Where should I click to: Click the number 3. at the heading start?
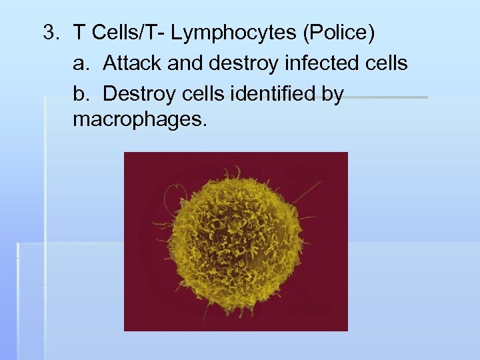[x=51, y=32]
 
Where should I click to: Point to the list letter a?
[x=81, y=63]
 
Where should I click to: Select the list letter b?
[x=81, y=94]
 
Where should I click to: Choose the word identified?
[x=264, y=94]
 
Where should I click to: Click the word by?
[x=331, y=94]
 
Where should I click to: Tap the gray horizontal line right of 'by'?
[x=387, y=97]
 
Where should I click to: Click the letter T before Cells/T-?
[x=79, y=32]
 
